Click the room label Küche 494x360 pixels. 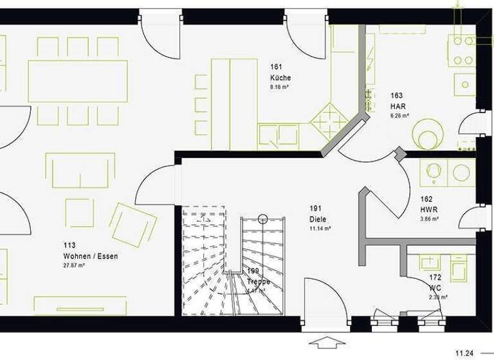pos(280,77)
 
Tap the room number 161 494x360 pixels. pos(277,66)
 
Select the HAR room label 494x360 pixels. pos(398,106)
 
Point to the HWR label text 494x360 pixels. pos(429,210)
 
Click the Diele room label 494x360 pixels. pos(318,219)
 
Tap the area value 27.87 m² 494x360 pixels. pos(75,265)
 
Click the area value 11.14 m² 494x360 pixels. pos(320,228)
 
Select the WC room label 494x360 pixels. pos(435,288)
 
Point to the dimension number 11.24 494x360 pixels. pos(466,353)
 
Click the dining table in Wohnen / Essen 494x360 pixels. pos(77,81)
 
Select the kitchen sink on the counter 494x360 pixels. pos(279,136)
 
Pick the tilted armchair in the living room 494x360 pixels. pos(133,224)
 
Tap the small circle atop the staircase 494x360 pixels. pos(262,219)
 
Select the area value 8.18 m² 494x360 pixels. pos(279,86)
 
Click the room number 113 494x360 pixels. pos(69,245)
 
